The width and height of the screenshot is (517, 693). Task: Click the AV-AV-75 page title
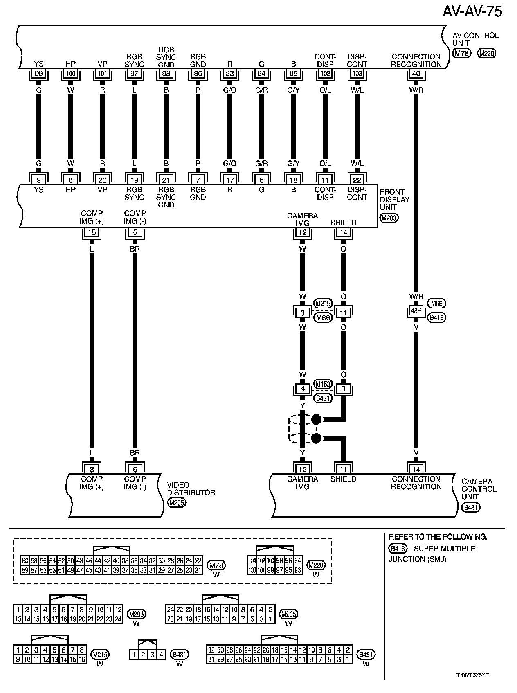[x=472, y=12]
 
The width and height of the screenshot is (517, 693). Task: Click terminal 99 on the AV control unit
[x=39, y=74]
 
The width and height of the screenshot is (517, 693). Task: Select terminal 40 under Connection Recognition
[x=416, y=74]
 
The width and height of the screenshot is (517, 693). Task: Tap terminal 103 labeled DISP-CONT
[x=357, y=74]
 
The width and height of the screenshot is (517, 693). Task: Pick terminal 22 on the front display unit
[x=357, y=180]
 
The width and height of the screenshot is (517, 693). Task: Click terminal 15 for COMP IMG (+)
[x=92, y=233]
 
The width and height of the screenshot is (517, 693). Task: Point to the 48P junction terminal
[x=416, y=311]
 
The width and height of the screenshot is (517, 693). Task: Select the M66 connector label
[x=436, y=304]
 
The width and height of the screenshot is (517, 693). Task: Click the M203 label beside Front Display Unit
[x=389, y=218]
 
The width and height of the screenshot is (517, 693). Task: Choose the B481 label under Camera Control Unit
[x=471, y=508]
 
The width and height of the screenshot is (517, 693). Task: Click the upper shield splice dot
[x=316, y=419]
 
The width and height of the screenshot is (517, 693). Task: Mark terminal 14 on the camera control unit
[x=416, y=469]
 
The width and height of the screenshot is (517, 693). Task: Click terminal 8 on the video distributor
[x=92, y=470]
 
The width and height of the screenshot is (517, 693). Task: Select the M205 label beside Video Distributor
[x=177, y=503]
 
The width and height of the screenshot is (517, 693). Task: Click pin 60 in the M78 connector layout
[x=25, y=561]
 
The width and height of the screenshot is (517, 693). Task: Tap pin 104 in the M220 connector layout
[x=252, y=561]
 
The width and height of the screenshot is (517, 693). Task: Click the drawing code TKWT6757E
[x=472, y=675]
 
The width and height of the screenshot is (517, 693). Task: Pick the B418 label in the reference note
[x=398, y=549]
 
